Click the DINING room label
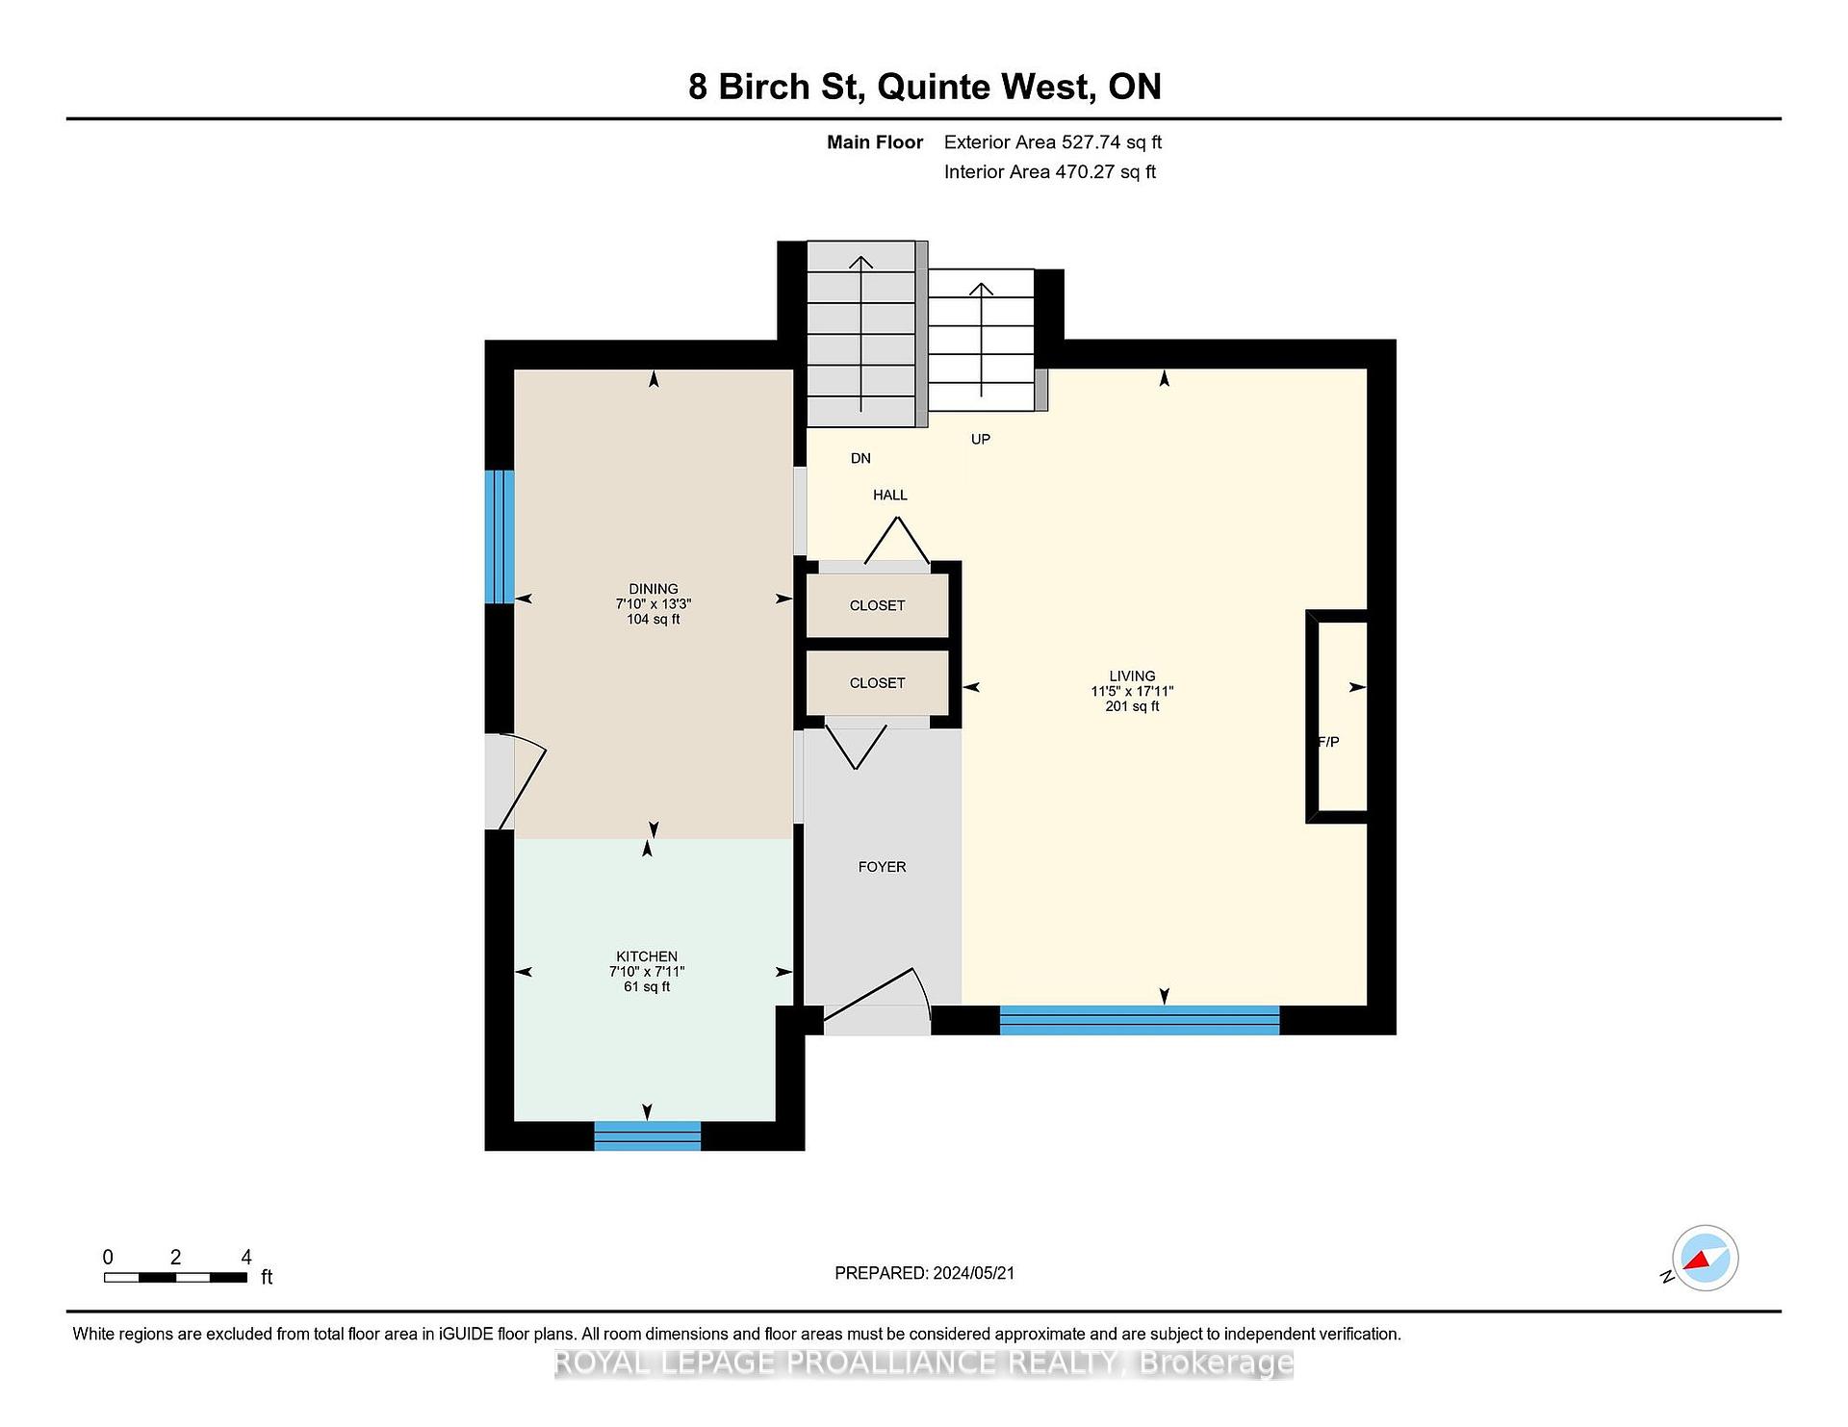click(654, 589)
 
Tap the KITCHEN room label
click(647, 956)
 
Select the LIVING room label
click(1132, 675)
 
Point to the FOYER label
click(882, 867)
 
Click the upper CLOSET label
click(877, 605)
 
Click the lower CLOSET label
click(877, 683)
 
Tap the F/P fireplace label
click(1328, 742)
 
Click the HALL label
click(890, 495)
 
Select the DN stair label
click(860, 458)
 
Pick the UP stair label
click(981, 439)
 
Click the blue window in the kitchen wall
click(648, 1135)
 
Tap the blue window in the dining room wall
click(500, 537)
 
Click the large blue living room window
click(1140, 1020)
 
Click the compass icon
click(1705, 1258)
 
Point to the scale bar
click(175, 1278)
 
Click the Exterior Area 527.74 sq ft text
click(1053, 142)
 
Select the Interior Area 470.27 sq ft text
click(1050, 172)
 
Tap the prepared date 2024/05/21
click(974, 1273)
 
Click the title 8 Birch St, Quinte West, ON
click(925, 87)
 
